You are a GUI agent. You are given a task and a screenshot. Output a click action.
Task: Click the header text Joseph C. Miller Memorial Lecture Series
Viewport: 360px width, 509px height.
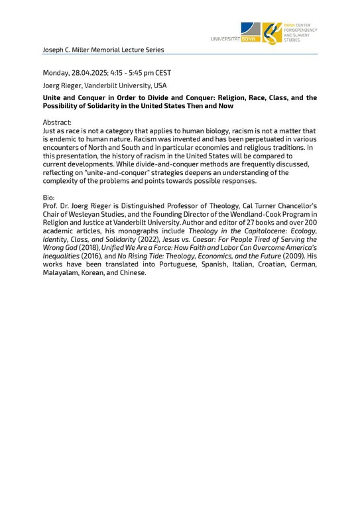(x=103, y=50)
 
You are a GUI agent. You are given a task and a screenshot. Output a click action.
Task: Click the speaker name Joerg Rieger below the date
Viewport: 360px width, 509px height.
(x=62, y=85)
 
